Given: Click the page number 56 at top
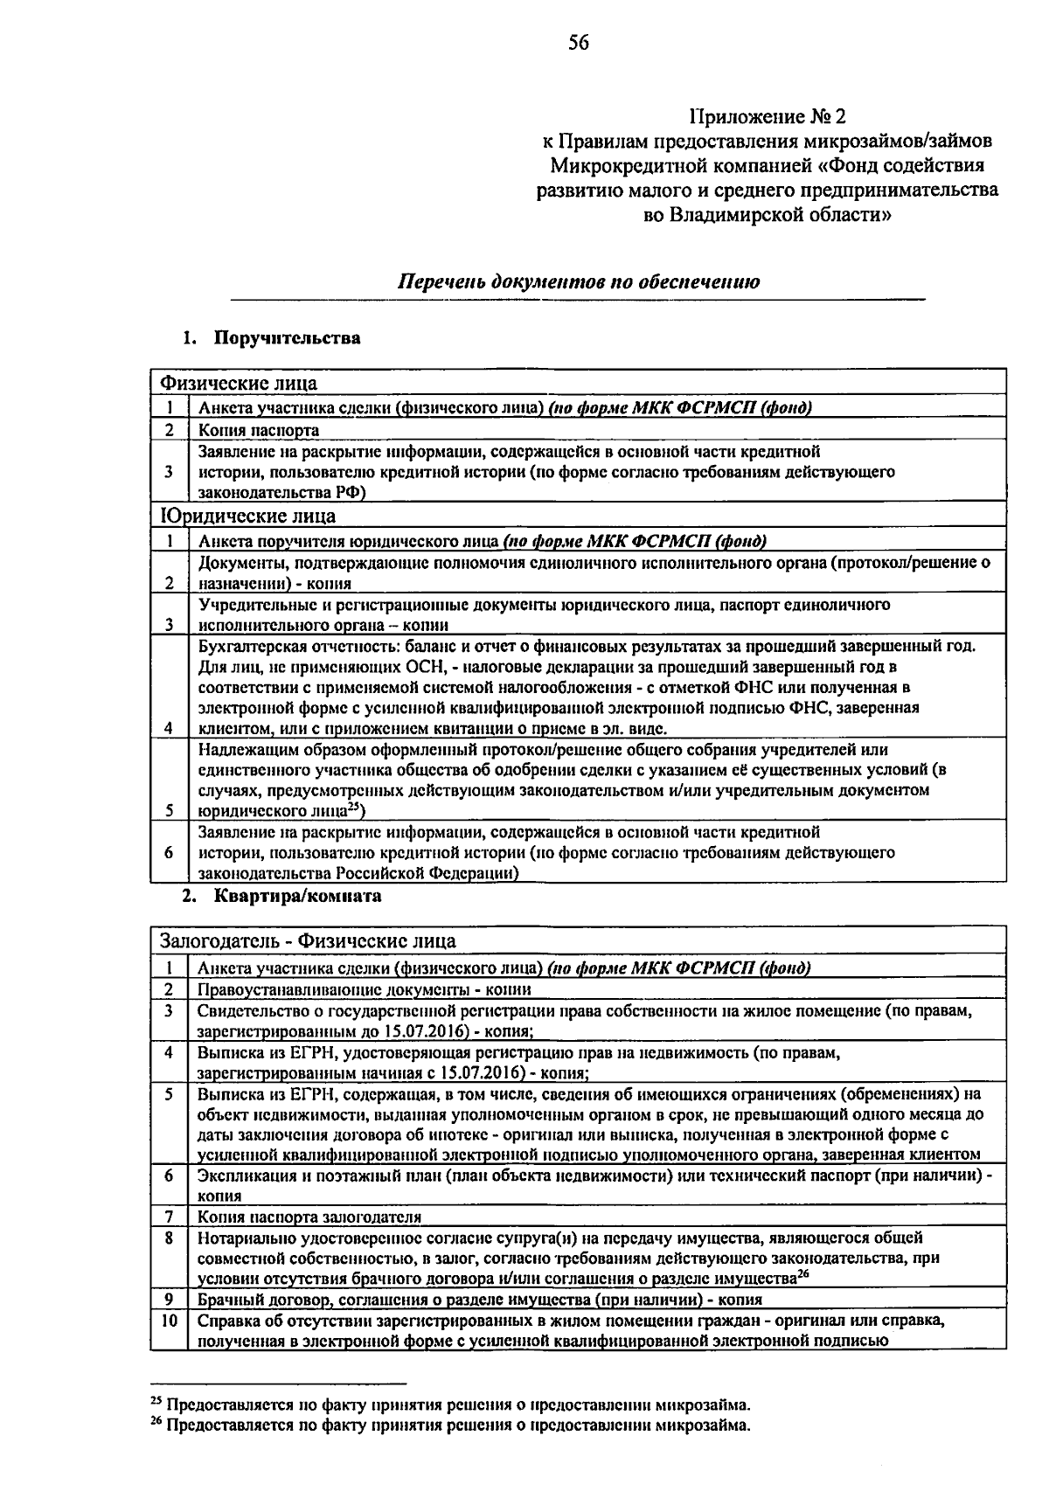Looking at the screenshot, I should point(579,43).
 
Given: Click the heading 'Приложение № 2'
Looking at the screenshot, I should point(768,116).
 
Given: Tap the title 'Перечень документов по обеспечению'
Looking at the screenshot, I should point(579,282).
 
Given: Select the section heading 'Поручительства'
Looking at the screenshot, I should point(288,338).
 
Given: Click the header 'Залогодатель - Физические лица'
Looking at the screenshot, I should point(308,941).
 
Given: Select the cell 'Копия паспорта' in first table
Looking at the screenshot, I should point(259,430).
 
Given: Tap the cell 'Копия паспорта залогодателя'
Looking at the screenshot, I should point(309,1217).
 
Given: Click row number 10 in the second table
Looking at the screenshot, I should point(169,1321).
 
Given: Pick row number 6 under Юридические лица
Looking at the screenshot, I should point(169,851).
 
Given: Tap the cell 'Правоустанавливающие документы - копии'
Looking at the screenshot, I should point(364,989).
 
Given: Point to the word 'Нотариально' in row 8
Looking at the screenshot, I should point(241,1238).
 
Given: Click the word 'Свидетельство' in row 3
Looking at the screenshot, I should point(250,1011).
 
